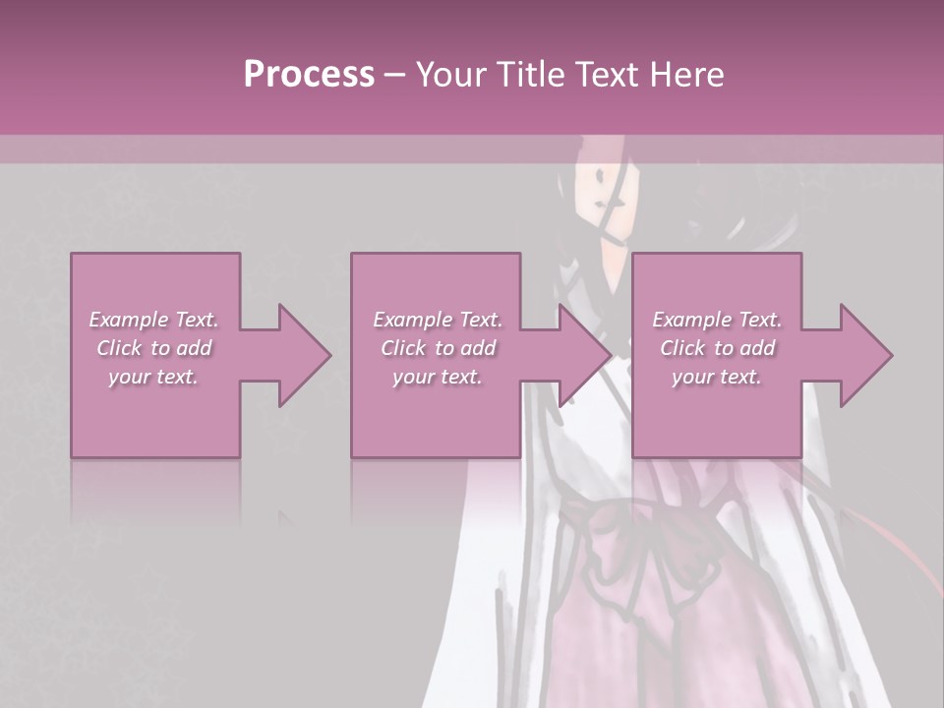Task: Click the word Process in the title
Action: tap(309, 75)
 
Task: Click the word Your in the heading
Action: tap(453, 75)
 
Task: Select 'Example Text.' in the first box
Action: tap(153, 320)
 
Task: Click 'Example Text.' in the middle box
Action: tap(437, 320)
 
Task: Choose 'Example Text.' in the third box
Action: tap(716, 320)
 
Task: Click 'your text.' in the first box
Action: tap(153, 377)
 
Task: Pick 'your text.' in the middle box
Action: tap(437, 377)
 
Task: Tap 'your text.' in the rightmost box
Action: tap(716, 377)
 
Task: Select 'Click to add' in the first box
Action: tap(153, 348)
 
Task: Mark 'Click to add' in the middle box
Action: tap(437, 348)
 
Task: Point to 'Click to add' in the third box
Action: tap(716, 348)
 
